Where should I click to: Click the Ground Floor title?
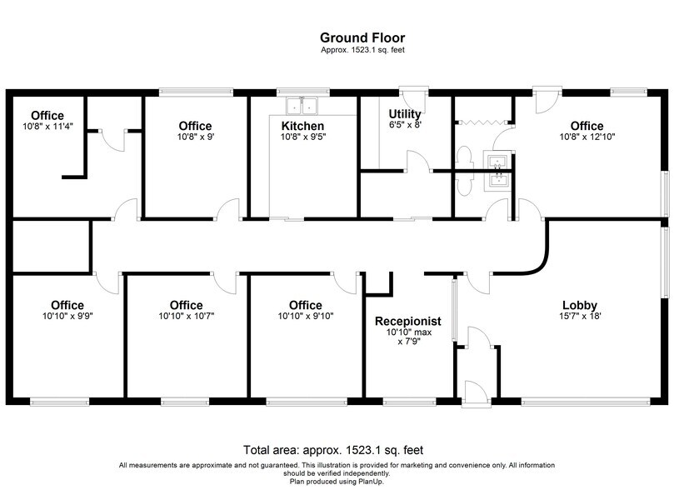(x=362, y=37)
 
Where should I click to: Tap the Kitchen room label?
(x=302, y=126)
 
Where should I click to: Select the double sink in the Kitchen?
(x=302, y=106)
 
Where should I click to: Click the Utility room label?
(x=405, y=113)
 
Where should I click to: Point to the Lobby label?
(x=579, y=305)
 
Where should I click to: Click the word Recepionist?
(x=407, y=321)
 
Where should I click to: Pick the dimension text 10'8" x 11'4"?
(x=47, y=127)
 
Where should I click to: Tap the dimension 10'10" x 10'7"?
(x=186, y=316)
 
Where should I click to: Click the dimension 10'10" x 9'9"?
(x=67, y=316)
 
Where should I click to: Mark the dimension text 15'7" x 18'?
(x=579, y=316)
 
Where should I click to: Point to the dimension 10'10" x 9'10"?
(x=306, y=316)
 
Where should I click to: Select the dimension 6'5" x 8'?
(x=405, y=124)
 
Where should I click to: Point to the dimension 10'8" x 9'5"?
(x=302, y=137)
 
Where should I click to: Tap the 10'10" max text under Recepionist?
(x=407, y=332)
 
